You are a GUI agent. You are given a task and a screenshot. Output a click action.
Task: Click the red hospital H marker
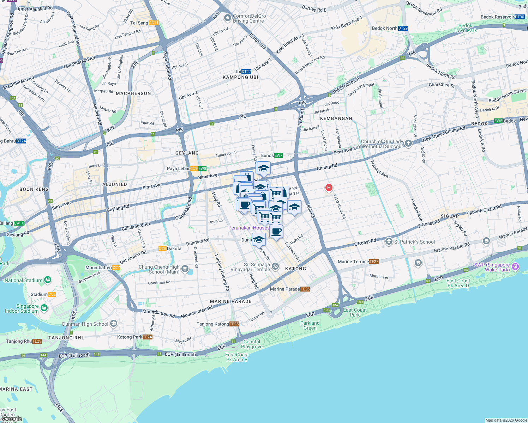pyautogui.click(x=329, y=188)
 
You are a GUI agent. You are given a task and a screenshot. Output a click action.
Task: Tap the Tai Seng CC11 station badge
pyautogui.click(x=154, y=23)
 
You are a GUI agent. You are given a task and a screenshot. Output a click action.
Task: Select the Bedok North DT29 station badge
pyautogui.click(x=403, y=28)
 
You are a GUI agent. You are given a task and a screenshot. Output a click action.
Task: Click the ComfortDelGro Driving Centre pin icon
pyautogui.click(x=227, y=18)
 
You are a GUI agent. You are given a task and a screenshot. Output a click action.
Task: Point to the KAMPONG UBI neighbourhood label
pyautogui.click(x=241, y=77)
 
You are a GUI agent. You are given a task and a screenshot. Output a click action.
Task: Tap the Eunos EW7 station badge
pyautogui.click(x=278, y=155)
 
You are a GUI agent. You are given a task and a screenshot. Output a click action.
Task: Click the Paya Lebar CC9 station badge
pyautogui.click(x=194, y=168)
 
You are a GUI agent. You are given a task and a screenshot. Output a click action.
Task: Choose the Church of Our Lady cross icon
pyautogui.click(x=408, y=143)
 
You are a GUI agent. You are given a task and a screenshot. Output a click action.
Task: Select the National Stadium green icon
pyautogui.click(x=48, y=280)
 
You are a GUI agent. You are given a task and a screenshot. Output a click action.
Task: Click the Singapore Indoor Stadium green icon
pyautogui.click(x=44, y=308)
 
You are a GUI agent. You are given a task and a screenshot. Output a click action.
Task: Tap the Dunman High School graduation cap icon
pyautogui.click(x=113, y=324)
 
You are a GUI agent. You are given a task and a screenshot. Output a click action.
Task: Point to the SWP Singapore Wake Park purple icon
pyautogui.click(x=515, y=266)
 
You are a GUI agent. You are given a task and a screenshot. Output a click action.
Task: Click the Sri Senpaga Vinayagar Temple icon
pyautogui.click(x=276, y=267)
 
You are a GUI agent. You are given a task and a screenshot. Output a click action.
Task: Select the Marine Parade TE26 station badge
pyautogui.click(x=305, y=289)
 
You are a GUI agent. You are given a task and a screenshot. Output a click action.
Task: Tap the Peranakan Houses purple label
pyautogui.click(x=249, y=228)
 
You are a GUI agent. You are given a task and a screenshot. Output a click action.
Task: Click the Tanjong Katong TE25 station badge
pyautogui.click(x=234, y=324)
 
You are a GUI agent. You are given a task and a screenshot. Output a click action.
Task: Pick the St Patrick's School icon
pyautogui.click(x=389, y=241)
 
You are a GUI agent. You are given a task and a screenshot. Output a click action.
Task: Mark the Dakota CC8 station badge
pyautogui.click(x=162, y=249)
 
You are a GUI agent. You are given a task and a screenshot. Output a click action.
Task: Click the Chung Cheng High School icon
pyautogui.click(x=185, y=270)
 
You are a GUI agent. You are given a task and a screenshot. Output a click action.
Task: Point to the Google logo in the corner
pyautogui.click(x=12, y=419)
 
